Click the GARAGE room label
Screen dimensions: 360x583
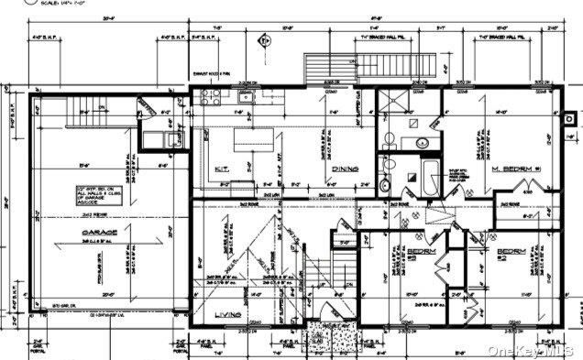click(101, 233)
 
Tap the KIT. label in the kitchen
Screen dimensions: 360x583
click(222, 169)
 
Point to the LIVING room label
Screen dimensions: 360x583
click(228, 315)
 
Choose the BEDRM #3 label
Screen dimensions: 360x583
click(396, 251)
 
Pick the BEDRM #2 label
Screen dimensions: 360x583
click(511, 251)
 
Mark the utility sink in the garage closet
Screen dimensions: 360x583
click(168, 138)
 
